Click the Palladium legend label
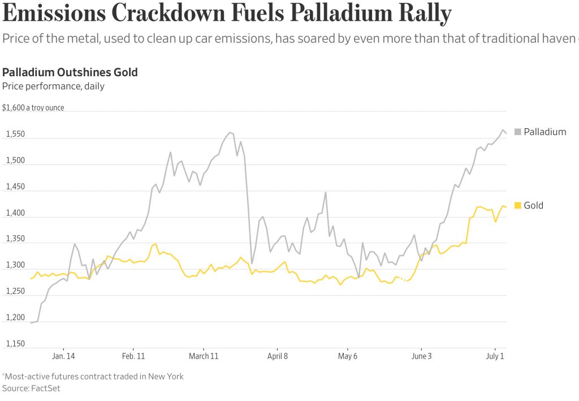[x=545, y=132]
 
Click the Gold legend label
[x=533, y=206]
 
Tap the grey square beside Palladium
[x=517, y=132]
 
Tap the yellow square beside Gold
[x=517, y=206]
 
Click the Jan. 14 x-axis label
[x=63, y=356]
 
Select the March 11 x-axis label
[x=204, y=356]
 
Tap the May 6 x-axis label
[x=348, y=356]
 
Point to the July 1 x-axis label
[x=495, y=356]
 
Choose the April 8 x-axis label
[x=277, y=356]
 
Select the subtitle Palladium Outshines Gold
[x=70, y=72]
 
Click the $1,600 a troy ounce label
[x=33, y=107]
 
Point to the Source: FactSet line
[x=31, y=388]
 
